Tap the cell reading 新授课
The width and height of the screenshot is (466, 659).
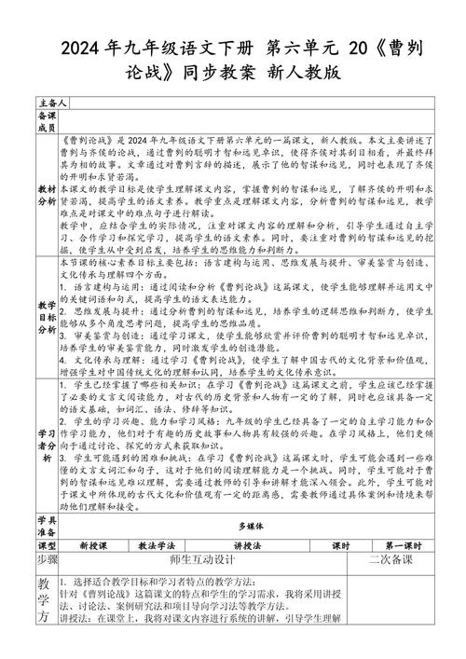point(93,544)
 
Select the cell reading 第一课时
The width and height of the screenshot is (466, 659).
point(402,544)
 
